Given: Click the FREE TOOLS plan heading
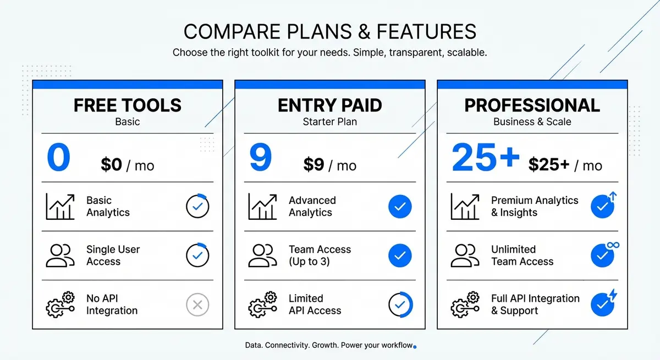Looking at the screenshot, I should [x=128, y=105].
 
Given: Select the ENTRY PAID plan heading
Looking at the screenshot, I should [x=330, y=105].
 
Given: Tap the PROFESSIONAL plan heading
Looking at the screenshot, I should [x=532, y=105].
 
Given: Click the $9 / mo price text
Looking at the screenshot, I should [x=330, y=165].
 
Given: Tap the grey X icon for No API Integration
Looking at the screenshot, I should [x=197, y=304].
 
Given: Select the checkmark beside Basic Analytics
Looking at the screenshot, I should [x=197, y=207].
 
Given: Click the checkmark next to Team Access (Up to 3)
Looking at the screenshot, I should [x=400, y=256].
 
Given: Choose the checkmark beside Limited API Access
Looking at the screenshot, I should [x=400, y=304].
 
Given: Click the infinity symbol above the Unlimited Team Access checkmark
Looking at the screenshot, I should [x=614, y=245].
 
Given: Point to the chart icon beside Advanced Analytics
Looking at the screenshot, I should [x=262, y=207].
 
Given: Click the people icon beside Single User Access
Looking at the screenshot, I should [x=60, y=256].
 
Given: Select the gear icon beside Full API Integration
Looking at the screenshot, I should [x=464, y=304].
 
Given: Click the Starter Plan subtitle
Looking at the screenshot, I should [x=330, y=121].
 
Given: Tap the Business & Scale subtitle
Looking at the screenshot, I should [x=532, y=121].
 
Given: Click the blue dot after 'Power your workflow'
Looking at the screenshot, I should [x=415, y=347].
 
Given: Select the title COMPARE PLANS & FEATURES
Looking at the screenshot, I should [x=330, y=31].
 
